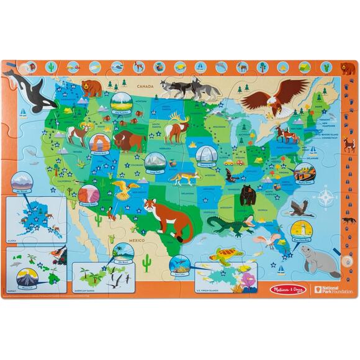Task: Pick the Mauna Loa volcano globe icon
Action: click(x=29, y=276)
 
